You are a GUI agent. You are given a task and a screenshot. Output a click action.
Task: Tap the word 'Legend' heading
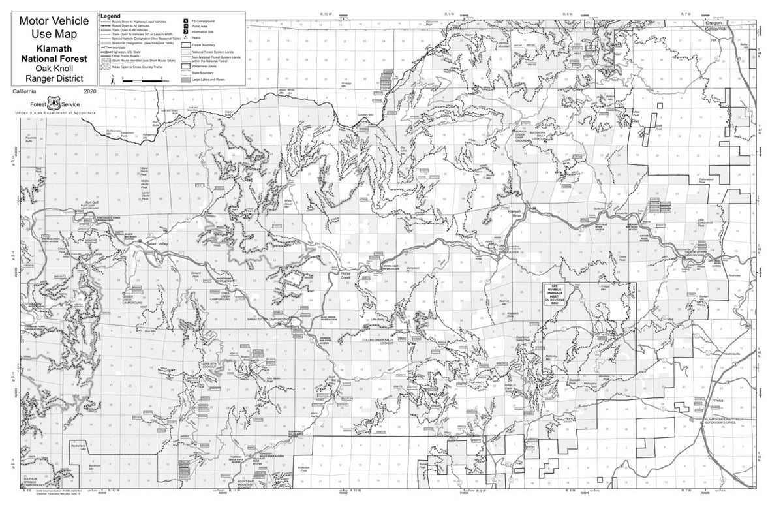pos(110,14)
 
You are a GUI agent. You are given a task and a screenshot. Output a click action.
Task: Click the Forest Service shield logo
pos(54,104)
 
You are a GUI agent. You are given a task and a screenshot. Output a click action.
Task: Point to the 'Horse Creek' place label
pos(346,275)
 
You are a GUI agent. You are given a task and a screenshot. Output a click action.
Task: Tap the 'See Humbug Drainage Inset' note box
pos(559,294)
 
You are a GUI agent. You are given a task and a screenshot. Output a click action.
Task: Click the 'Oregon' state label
pos(718,23)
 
